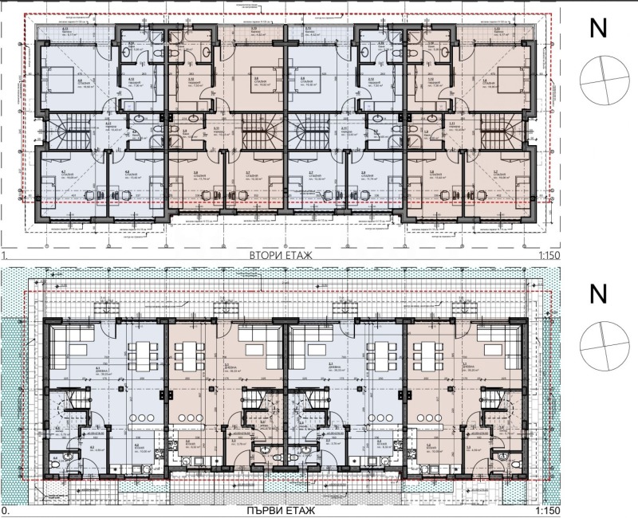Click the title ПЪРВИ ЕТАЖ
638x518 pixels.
click(283, 510)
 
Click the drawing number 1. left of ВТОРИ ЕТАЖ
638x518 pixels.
click(6, 255)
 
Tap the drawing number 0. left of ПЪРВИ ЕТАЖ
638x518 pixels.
click(6, 510)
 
